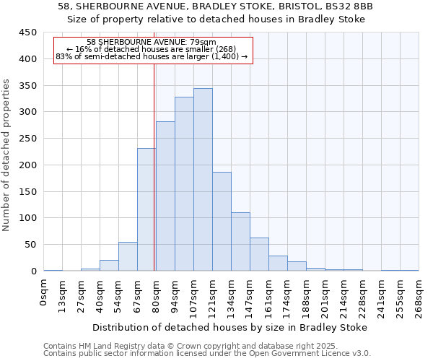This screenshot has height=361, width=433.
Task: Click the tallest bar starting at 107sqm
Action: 203,180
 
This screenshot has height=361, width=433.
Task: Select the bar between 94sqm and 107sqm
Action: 184,184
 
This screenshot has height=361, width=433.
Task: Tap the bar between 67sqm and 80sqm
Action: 146,209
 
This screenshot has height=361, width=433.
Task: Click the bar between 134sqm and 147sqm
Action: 240,242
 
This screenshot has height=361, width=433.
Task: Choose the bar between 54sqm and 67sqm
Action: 128,256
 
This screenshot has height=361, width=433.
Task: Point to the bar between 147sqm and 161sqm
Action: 259,254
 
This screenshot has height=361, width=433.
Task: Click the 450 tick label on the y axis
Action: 27,32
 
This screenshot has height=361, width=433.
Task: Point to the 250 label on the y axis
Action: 27,139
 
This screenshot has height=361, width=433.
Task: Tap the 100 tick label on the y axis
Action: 27,218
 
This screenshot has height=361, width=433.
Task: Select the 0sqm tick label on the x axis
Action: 44,292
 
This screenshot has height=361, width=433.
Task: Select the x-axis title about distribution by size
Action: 230,327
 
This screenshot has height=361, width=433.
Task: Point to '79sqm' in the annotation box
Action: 204,43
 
